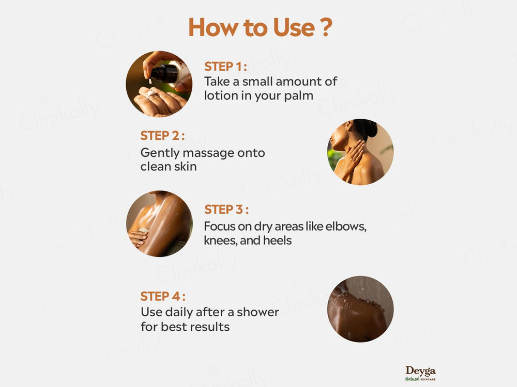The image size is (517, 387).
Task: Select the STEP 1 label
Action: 225,67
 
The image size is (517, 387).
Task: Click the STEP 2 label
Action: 162,136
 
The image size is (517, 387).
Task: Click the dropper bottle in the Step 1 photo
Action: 164,73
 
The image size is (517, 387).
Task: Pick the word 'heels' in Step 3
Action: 277,240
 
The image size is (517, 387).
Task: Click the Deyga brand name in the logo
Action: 420,370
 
